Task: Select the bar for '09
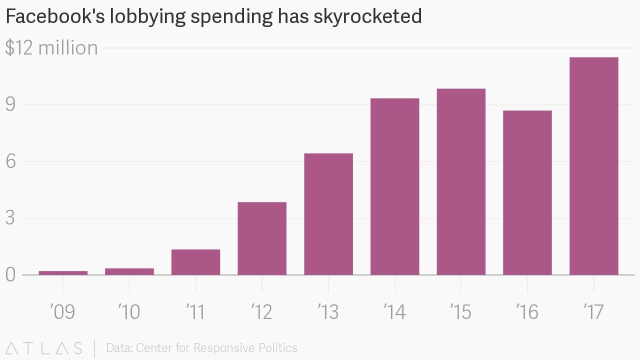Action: pos(63,272)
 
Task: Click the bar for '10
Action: pos(129,271)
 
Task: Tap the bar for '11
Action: pos(195,262)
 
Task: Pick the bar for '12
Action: pos(262,238)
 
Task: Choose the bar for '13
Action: pos(328,214)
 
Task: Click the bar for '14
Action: pos(395,186)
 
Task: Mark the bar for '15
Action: pos(461,181)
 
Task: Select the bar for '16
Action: pos(527,192)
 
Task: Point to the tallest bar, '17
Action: pos(594,166)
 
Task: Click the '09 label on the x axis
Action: pos(63,312)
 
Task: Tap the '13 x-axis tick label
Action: pos(328,312)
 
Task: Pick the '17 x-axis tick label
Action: pos(594,312)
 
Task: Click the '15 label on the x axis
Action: pos(461,312)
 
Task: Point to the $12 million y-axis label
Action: pos(51,48)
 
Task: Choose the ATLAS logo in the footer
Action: pos(43,348)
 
